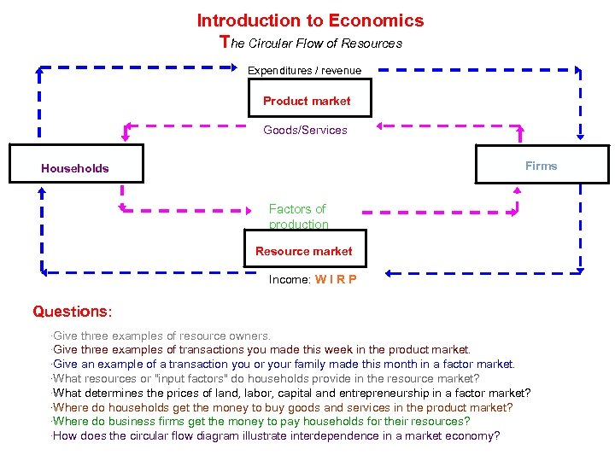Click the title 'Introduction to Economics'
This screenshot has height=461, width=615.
pyautogui.click(x=310, y=20)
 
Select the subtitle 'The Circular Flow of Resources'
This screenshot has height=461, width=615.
pyautogui.click(x=311, y=43)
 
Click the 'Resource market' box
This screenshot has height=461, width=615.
pyautogui.click(x=304, y=252)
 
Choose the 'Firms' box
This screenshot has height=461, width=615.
pyautogui.click(x=542, y=165)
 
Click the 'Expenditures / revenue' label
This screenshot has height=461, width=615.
pyautogui.click(x=304, y=71)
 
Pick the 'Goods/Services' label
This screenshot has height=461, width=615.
pyautogui.click(x=305, y=131)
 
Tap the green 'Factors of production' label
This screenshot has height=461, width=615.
pyautogui.click(x=298, y=216)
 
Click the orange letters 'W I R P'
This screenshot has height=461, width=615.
pyautogui.click(x=336, y=279)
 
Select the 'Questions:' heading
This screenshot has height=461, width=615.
pyautogui.click(x=73, y=312)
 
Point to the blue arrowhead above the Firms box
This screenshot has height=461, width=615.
pyautogui.click(x=581, y=133)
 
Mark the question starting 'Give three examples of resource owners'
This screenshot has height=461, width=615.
pyautogui.click(x=161, y=336)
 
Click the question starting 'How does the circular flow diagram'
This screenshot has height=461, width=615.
pyautogui.click(x=276, y=436)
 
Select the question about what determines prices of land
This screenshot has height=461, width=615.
pyautogui.click(x=291, y=393)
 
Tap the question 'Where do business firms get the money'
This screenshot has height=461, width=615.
pyautogui.click(x=261, y=422)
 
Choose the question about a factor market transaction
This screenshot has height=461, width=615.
pyautogui.click(x=284, y=364)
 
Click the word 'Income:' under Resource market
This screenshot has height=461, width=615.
pyautogui.click(x=290, y=279)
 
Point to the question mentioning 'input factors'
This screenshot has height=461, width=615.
pyautogui.click(x=266, y=378)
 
